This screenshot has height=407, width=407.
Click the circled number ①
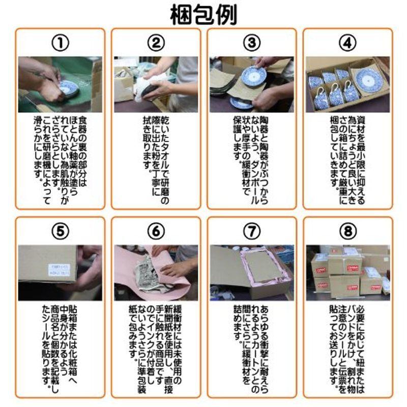[x=60, y=43]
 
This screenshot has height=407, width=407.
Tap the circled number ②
[x=156, y=43]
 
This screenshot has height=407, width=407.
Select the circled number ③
[x=251, y=43]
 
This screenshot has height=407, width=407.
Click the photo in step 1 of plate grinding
[x=60, y=84]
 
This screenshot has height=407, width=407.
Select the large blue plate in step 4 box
[x=368, y=79]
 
